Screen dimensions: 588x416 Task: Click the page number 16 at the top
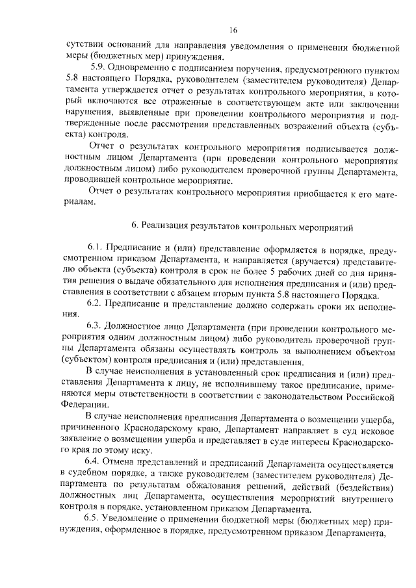pyautogui.click(x=233, y=31)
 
